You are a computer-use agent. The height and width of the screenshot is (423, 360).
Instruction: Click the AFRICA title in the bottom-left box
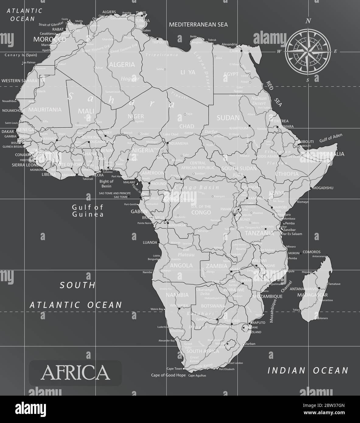(75, 372)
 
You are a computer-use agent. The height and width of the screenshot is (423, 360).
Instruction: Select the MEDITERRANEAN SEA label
(198, 24)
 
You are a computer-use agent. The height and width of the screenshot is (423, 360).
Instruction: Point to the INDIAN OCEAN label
(308, 370)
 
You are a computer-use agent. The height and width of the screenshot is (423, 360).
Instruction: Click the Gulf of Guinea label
(88, 211)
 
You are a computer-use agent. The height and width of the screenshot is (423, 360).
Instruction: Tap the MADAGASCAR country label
(312, 295)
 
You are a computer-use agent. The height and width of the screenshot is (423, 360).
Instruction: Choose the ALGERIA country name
(122, 65)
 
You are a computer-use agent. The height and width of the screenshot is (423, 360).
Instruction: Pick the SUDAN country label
(228, 117)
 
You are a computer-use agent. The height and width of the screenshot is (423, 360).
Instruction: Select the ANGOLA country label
(181, 265)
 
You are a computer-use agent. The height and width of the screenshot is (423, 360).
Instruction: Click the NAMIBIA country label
(177, 295)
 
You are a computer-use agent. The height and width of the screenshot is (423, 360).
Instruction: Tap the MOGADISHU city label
(323, 188)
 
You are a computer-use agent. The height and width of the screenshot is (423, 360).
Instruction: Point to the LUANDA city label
(150, 243)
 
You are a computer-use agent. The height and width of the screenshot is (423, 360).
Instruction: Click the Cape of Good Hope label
(168, 375)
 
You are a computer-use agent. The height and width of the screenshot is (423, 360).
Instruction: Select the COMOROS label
(312, 252)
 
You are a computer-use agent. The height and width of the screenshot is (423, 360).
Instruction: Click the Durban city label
(250, 344)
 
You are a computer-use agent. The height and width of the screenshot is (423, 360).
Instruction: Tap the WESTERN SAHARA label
(19, 81)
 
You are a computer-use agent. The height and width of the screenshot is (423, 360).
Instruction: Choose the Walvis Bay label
(157, 309)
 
